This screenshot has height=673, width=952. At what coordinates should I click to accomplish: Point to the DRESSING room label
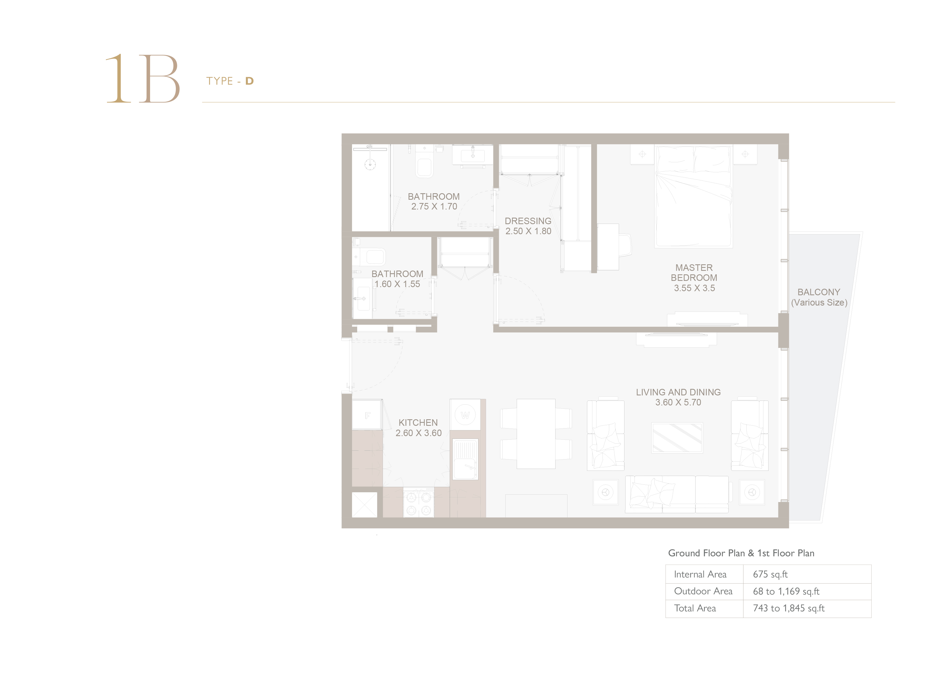pos(528,221)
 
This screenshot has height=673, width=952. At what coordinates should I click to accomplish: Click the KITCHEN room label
pos(418,423)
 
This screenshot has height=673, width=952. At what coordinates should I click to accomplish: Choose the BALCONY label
pos(819,292)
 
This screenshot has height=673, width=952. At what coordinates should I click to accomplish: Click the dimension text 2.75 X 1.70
pos(434,207)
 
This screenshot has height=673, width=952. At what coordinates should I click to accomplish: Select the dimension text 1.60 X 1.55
pos(397,284)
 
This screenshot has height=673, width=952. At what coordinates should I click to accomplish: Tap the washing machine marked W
pos(465,415)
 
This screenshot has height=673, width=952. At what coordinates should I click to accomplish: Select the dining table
pos(536,434)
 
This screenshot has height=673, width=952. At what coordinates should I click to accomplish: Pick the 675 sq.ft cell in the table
pos(770,574)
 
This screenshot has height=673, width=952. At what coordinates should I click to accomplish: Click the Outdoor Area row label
pos(703,591)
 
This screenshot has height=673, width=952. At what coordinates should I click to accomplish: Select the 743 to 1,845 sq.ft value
pos(789,608)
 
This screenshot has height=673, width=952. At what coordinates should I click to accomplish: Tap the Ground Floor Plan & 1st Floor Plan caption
pos(741,553)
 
